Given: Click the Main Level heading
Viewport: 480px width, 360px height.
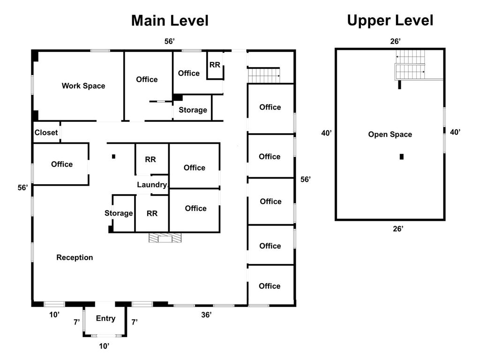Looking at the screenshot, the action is [x=170, y=21].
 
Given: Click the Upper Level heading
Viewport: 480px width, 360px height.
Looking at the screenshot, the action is [x=390, y=21].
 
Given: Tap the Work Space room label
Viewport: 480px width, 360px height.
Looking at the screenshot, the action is [x=83, y=86].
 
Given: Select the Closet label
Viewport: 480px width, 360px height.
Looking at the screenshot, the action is [x=46, y=133].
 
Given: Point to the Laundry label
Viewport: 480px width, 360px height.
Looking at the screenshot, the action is [x=152, y=185].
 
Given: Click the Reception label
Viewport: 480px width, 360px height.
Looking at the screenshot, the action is [x=75, y=257].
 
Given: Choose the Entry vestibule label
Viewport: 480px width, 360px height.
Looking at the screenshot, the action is [x=105, y=318].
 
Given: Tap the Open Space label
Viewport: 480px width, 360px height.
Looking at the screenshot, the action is [x=390, y=135].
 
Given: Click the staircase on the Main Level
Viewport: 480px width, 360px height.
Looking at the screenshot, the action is [x=263, y=75].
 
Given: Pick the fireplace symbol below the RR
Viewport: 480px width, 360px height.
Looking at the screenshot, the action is [x=165, y=238].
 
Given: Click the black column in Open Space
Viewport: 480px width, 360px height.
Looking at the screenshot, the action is [x=402, y=157].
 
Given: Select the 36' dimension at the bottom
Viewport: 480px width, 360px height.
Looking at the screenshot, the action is [x=206, y=315].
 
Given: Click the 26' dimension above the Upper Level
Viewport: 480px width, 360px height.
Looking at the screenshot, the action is [x=395, y=41].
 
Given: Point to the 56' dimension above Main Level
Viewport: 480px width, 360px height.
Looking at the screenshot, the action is [x=170, y=41].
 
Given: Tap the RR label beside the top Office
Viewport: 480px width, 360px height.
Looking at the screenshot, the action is [x=215, y=65].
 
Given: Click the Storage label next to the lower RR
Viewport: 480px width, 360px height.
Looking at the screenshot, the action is [x=119, y=213].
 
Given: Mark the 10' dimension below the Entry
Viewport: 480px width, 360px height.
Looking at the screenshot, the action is [x=104, y=346].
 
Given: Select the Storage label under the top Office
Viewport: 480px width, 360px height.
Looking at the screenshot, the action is [x=193, y=110].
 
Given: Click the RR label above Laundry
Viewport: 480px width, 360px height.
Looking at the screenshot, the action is [x=150, y=159].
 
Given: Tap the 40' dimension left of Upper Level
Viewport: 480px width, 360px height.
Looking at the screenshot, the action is [x=326, y=133].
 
